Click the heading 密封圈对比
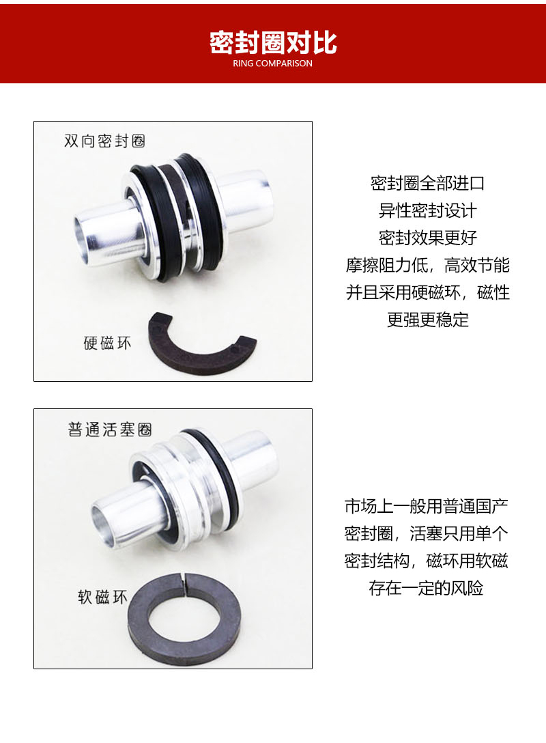click(x=273, y=42)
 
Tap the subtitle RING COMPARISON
click(x=273, y=64)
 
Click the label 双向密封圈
click(x=104, y=141)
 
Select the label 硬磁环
click(x=106, y=343)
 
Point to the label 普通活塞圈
click(x=109, y=430)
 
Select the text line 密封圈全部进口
click(x=427, y=183)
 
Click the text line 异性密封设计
click(x=427, y=210)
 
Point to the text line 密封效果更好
click(x=427, y=238)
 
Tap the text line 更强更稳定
click(x=427, y=320)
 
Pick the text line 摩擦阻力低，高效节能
click(x=427, y=265)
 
